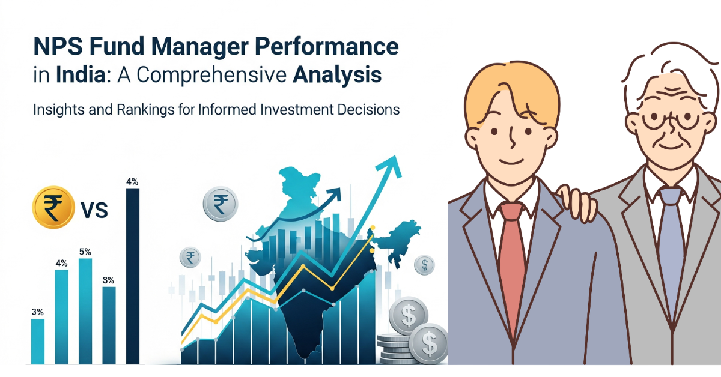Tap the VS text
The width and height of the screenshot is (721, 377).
coord(93,210)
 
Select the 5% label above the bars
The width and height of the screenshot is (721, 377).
coord(85,252)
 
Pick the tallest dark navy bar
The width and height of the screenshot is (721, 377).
coord(132,276)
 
